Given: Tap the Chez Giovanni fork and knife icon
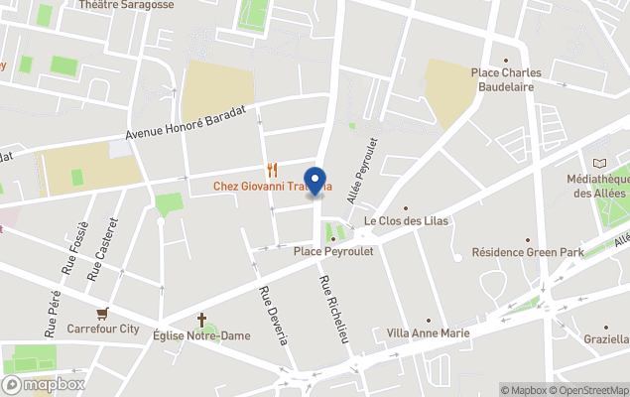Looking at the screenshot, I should coord(270,170).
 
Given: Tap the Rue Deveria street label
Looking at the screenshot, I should coord(274,316).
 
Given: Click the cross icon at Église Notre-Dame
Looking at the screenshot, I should coord(202,320).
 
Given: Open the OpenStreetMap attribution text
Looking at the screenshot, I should coord(588,390).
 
